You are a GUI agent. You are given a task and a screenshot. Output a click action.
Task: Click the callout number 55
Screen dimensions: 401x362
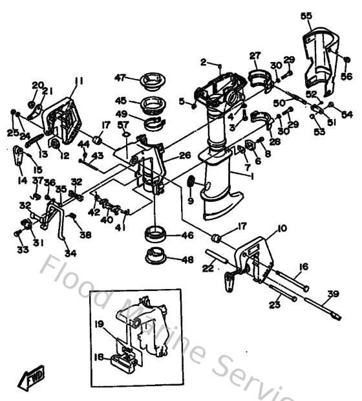tap(306, 15)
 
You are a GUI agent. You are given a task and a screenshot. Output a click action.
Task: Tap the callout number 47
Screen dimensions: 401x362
tap(119, 78)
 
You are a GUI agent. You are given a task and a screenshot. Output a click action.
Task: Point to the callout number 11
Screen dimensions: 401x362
tap(79, 81)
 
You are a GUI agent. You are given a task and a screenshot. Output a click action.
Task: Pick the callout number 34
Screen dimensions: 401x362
tap(70, 253)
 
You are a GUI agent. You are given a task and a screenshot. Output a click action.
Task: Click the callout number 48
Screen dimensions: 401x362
tap(187, 260)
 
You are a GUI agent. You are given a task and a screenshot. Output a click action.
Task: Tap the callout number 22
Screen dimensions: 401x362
tap(209, 267)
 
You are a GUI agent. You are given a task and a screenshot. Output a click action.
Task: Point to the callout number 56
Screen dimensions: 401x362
tap(346, 76)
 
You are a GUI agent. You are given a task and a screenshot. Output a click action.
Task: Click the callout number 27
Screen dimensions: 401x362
tap(255, 56)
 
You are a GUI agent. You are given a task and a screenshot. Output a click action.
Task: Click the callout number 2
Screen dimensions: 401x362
tap(203, 62)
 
